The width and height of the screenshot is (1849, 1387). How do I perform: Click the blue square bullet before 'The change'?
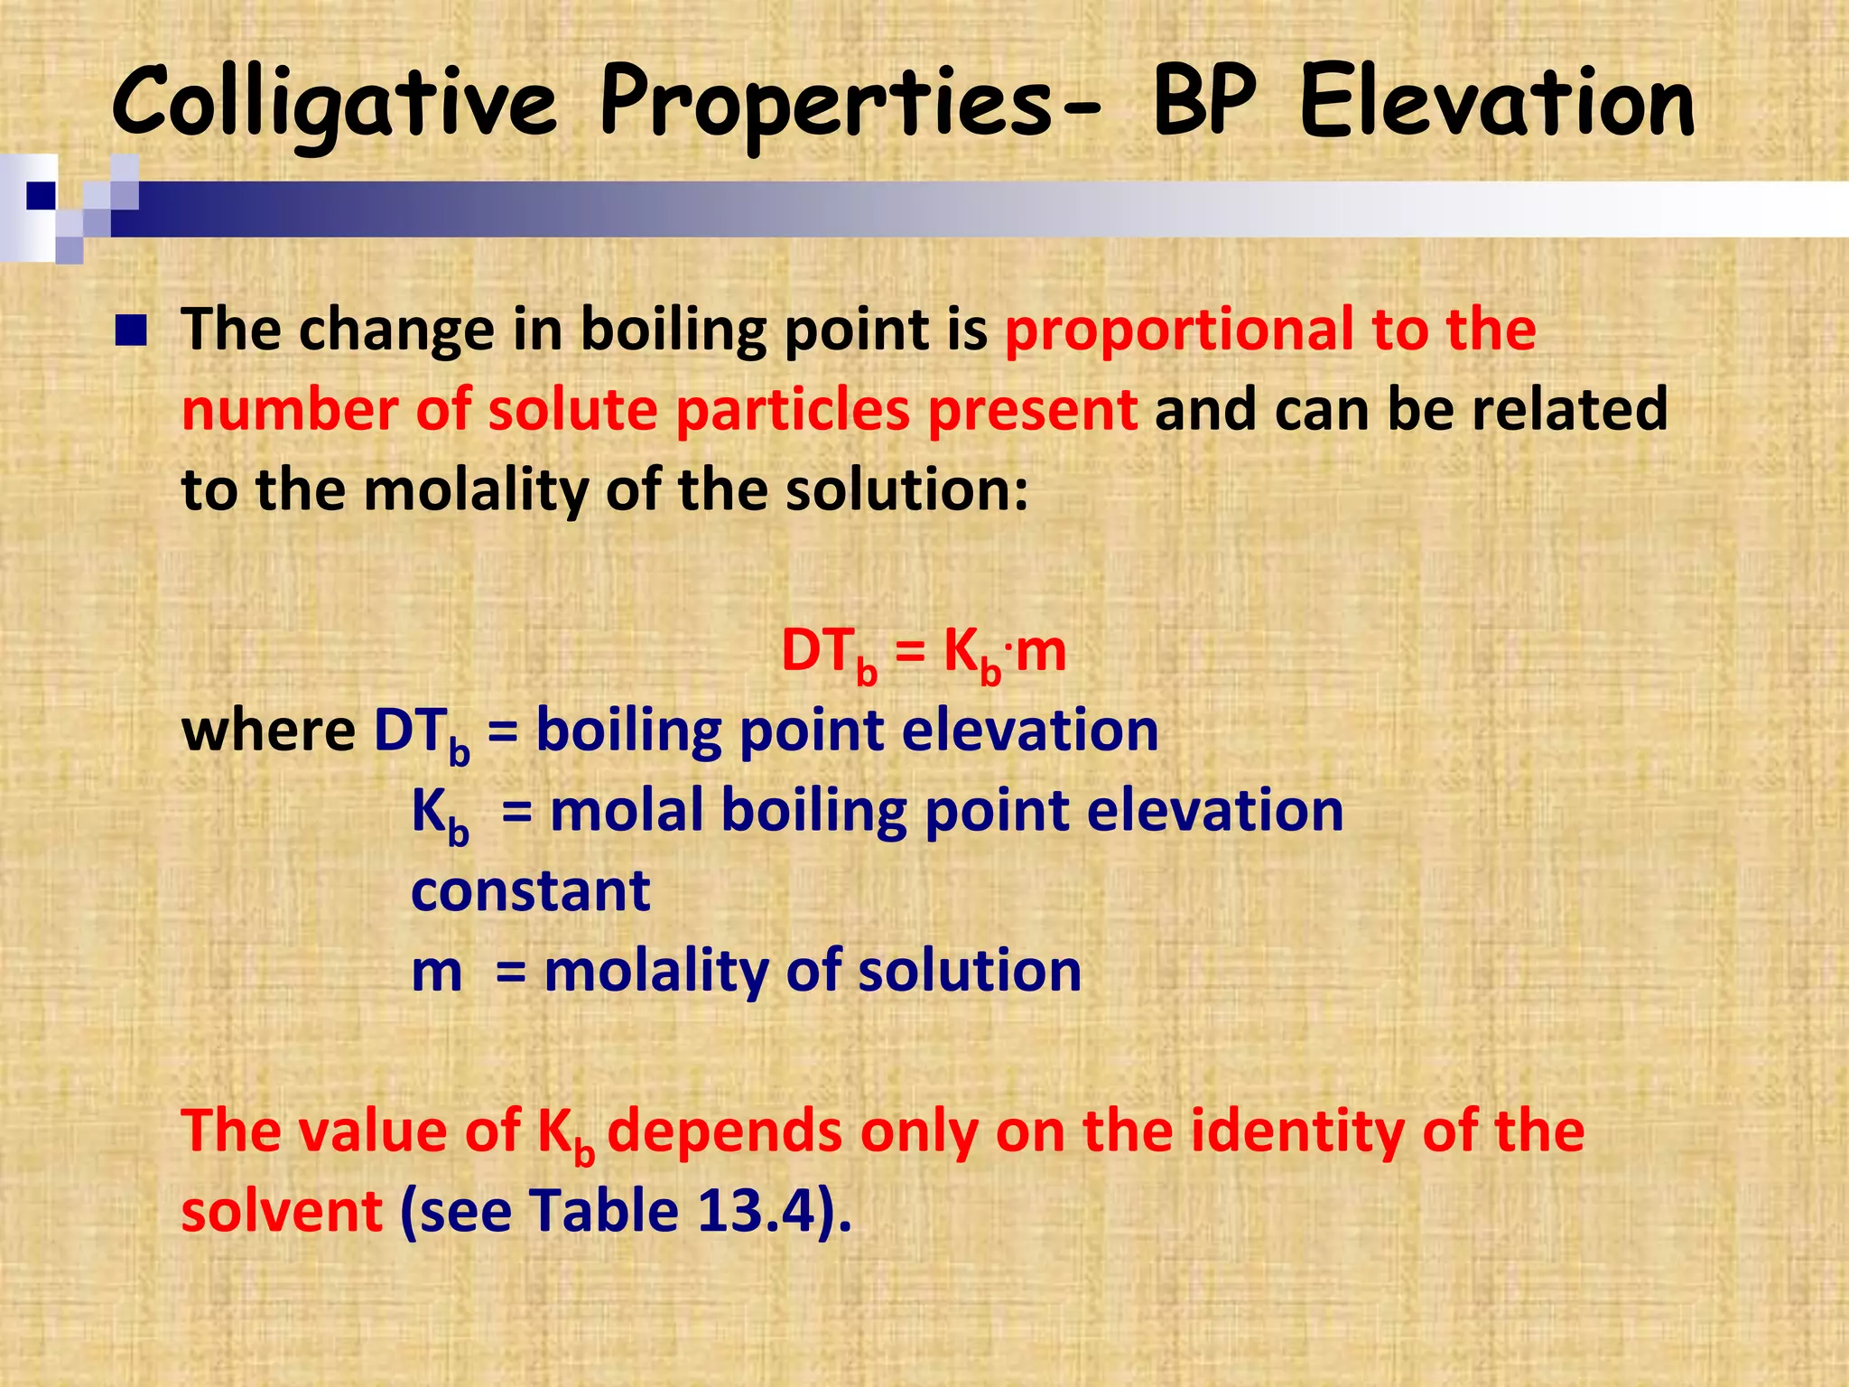tap(131, 331)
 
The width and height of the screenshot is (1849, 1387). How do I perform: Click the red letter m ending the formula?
tap(1040, 652)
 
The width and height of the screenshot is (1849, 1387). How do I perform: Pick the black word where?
tap(268, 731)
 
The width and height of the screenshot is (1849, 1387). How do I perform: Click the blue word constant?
tap(530, 891)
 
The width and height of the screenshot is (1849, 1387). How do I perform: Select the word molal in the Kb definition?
tap(626, 811)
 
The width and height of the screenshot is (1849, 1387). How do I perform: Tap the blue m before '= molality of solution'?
tap(436, 973)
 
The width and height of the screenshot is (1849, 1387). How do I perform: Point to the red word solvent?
tap(282, 1211)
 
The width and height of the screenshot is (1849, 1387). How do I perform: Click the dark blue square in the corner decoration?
tap(41, 195)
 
